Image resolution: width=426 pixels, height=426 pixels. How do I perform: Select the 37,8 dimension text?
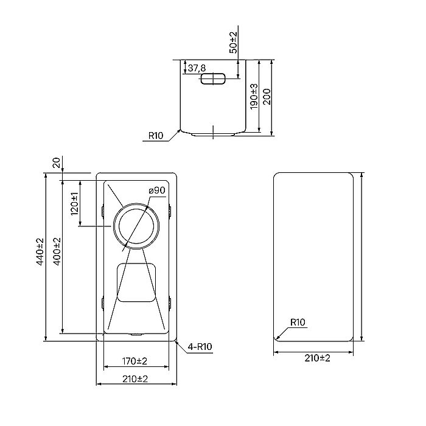coord(196,68)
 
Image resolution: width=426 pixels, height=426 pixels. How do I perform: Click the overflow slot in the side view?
coord(212,79)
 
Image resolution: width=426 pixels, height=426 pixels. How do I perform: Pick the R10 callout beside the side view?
coord(156,136)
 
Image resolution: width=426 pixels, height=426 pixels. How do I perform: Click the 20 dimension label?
coord(57,162)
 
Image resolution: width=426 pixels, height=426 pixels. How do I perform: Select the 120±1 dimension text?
coord(74,204)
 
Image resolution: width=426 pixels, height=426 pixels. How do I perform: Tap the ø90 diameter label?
coord(157,190)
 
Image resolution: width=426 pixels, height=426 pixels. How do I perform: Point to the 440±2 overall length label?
coord(40,251)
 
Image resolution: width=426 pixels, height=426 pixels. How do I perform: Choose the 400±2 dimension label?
coord(56,251)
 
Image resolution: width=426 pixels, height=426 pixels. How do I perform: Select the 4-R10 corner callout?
coord(200,347)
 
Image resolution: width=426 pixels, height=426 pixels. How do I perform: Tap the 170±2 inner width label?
coord(134,361)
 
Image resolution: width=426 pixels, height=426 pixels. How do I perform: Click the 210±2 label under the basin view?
coord(134,379)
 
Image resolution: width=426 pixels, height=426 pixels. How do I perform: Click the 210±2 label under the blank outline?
coord(316,358)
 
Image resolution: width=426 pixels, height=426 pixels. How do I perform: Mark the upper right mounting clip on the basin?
coord(169,211)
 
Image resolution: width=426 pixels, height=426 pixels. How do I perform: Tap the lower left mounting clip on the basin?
coord(102,301)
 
